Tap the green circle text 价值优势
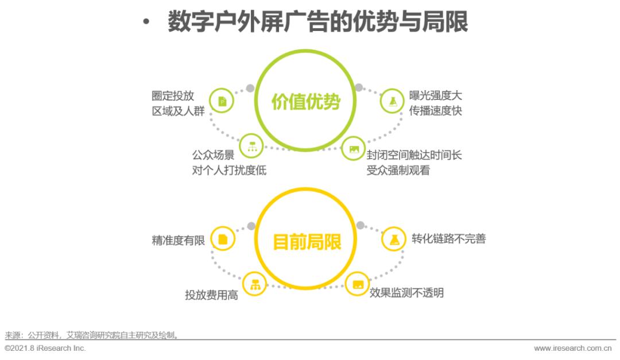pyautogui.click(x=306, y=102)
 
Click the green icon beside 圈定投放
pyautogui.click(x=222, y=101)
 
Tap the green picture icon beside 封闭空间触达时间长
pyautogui.click(x=354, y=149)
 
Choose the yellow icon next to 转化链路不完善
pyautogui.click(x=394, y=239)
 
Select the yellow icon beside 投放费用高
pyautogui.click(x=255, y=284)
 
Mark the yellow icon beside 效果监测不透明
pyautogui.click(x=358, y=284)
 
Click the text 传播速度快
pyautogui.click(x=436, y=111)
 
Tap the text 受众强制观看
pyautogui.click(x=398, y=170)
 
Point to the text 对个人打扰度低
pyautogui.click(x=229, y=170)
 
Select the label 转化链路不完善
pyautogui.click(x=448, y=238)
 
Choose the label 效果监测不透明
pyautogui.click(x=406, y=293)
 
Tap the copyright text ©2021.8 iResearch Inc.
pyautogui.click(x=45, y=349)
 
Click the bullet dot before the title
pyautogui.click(x=146, y=22)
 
